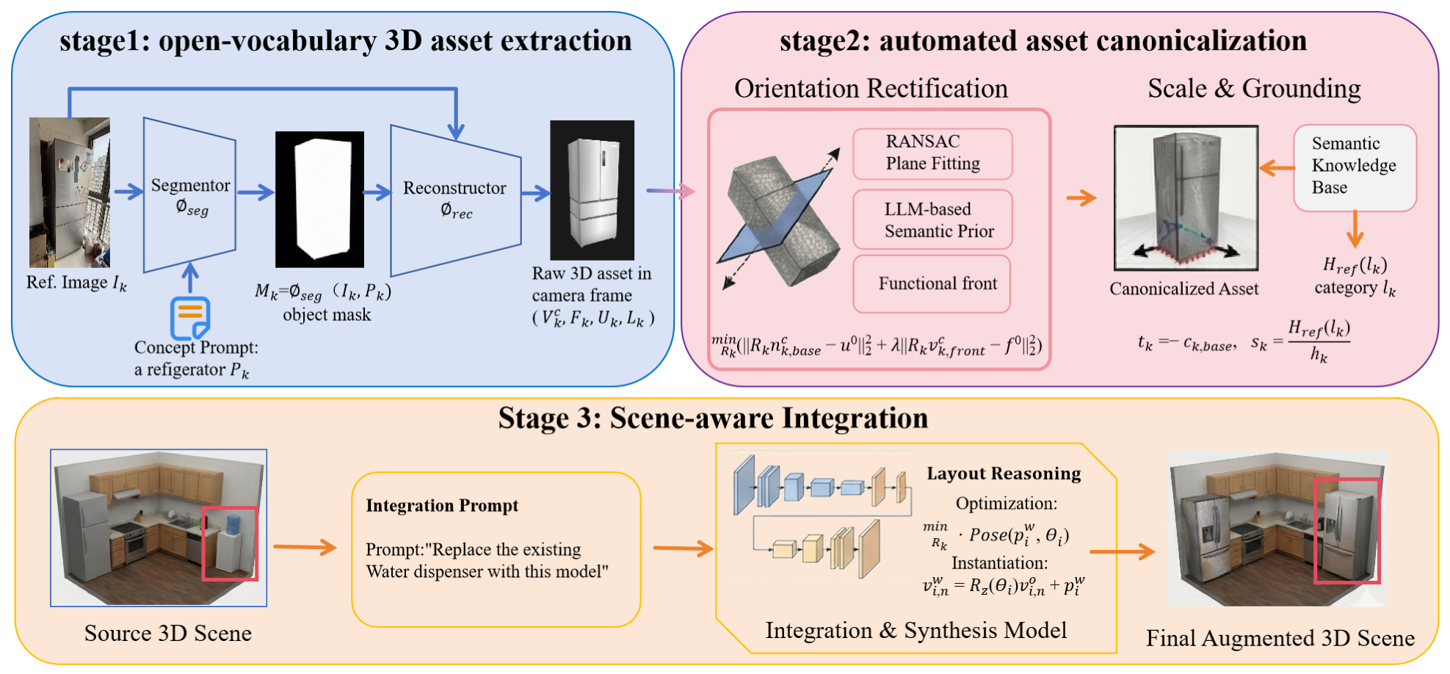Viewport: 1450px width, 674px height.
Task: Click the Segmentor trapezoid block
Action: point(189,195)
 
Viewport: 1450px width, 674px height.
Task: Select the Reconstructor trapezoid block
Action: point(455,200)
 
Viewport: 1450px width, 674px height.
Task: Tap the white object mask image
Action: point(319,199)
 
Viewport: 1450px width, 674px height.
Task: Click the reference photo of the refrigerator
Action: point(70,192)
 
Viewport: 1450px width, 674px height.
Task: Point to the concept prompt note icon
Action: point(190,318)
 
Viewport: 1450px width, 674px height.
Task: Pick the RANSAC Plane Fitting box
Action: point(932,153)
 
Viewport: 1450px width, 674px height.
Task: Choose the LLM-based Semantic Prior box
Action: point(932,220)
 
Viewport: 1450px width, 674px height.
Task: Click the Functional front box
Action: point(932,283)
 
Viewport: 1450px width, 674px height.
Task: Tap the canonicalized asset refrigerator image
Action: point(1186,198)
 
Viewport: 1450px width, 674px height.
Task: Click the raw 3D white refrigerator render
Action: point(592,190)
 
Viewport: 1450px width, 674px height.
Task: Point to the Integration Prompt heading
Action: point(442,505)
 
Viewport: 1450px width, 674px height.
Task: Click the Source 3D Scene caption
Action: point(167,633)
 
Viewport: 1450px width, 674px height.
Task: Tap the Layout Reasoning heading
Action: point(1004,474)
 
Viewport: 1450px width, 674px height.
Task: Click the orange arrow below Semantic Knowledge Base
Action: point(1355,229)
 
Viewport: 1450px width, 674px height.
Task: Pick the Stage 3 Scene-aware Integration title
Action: point(713,418)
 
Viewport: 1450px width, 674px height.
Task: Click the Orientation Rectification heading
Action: point(871,88)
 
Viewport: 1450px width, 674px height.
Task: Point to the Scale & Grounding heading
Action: point(1254,88)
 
